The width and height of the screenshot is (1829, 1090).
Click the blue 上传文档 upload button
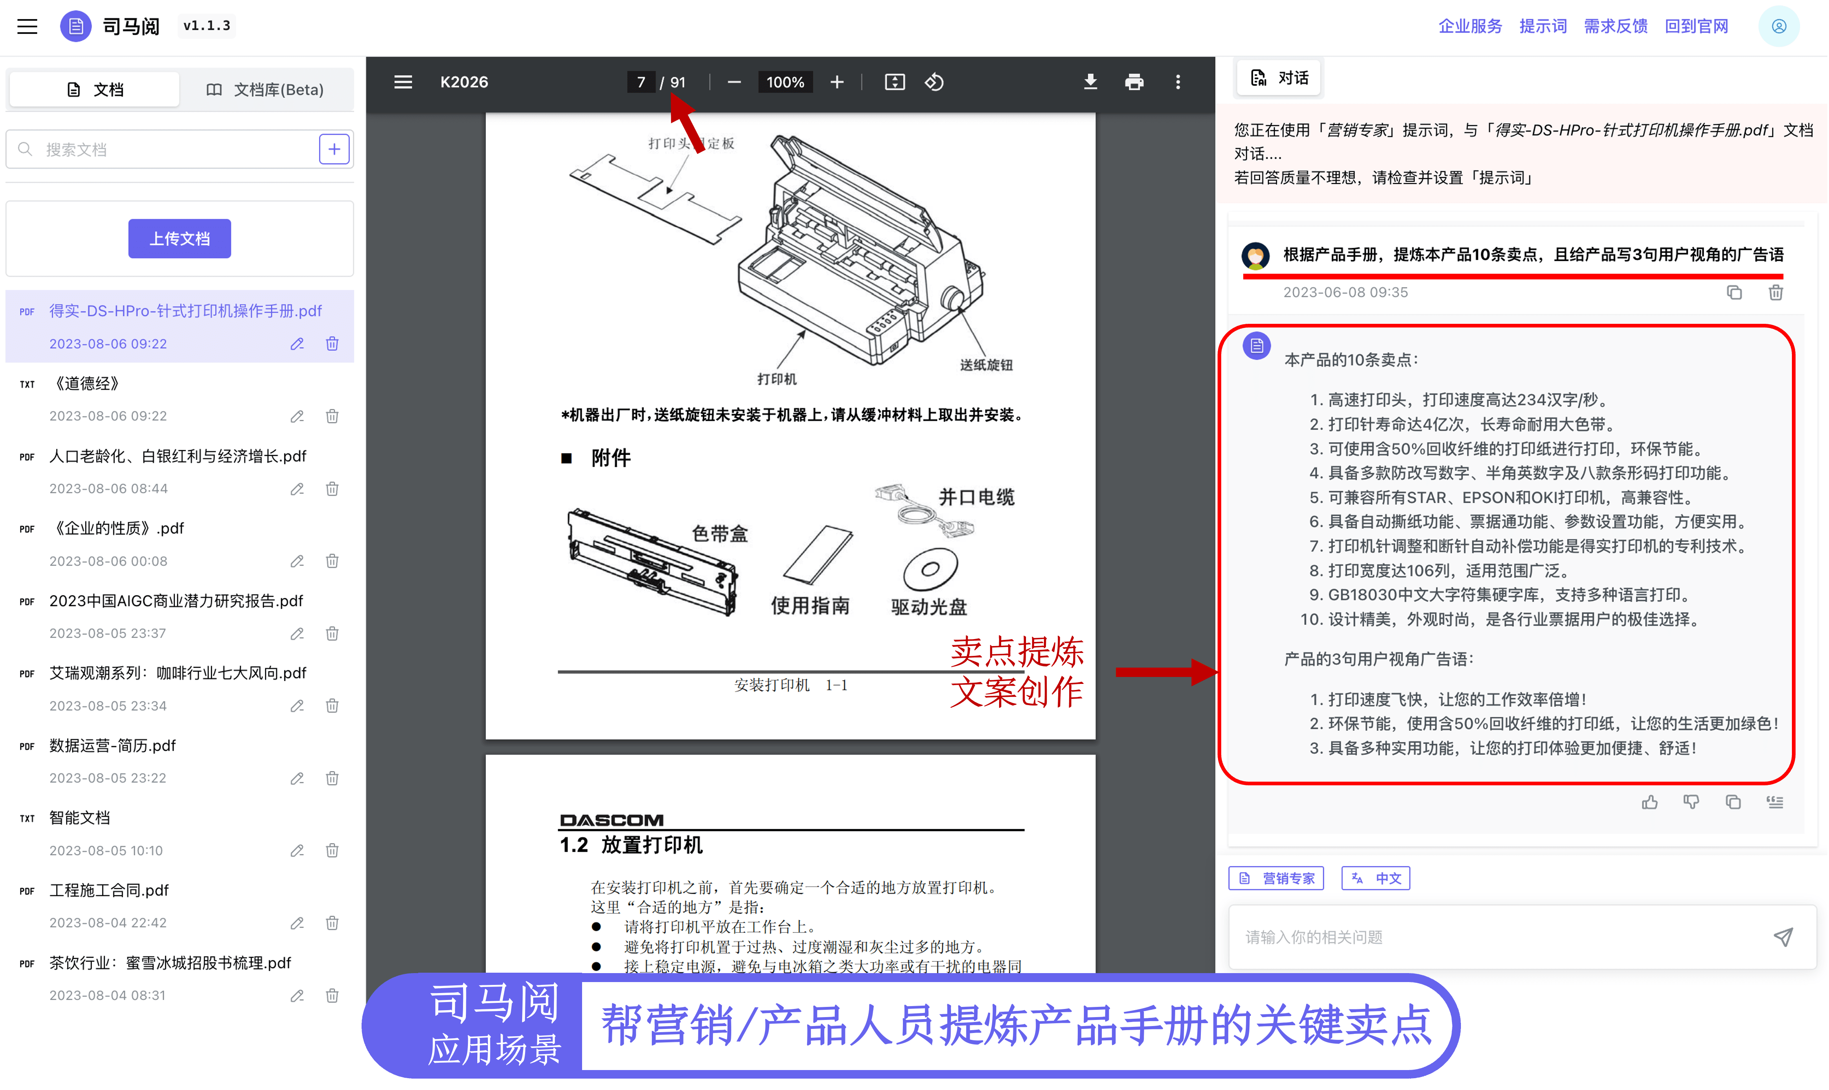[x=179, y=239]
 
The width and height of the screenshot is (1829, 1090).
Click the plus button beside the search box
[x=333, y=149]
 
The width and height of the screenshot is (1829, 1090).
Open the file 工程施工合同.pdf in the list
[x=109, y=890]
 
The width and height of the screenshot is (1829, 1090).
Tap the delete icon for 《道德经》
[x=332, y=416]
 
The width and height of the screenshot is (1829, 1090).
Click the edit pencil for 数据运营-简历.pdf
[x=297, y=778]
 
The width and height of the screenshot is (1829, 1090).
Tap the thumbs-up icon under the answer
[x=1650, y=802]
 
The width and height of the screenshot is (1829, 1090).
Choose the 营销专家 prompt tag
[x=1276, y=879]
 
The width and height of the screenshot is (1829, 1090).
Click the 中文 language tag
[x=1376, y=879]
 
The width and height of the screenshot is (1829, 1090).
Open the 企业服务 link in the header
[x=1469, y=26]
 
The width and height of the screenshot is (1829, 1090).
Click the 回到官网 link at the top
[x=1696, y=26]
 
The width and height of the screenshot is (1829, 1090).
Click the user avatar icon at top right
[x=1779, y=26]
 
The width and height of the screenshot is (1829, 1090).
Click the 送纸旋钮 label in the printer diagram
[x=986, y=365]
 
